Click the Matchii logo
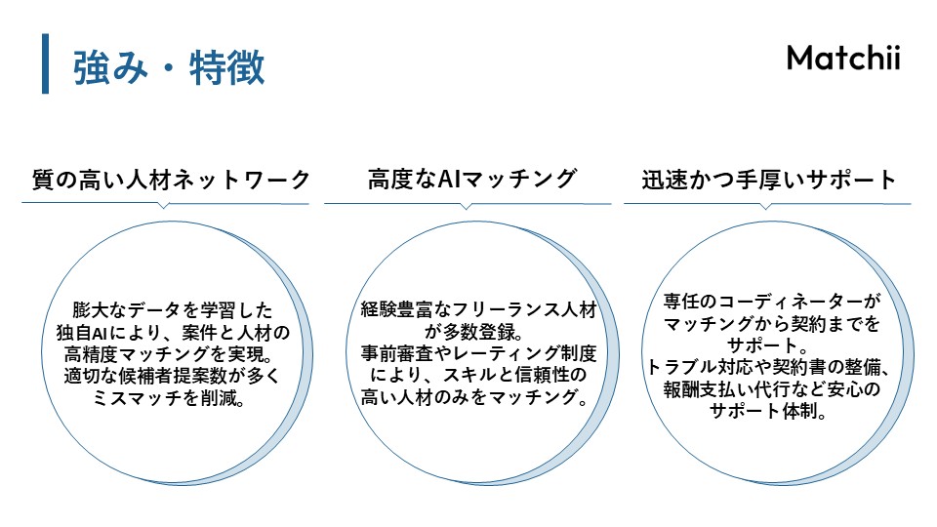click(843, 59)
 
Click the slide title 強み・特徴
click(169, 67)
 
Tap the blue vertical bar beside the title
click(45, 63)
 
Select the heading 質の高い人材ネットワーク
click(171, 180)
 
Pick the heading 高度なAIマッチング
click(472, 180)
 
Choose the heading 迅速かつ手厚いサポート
click(769, 180)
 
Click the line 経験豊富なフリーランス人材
click(477, 310)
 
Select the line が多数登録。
click(477, 332)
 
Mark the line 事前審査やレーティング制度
click(477, 354)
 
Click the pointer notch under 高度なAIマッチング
click(467, 207)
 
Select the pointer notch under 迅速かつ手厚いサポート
click(767, 207)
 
